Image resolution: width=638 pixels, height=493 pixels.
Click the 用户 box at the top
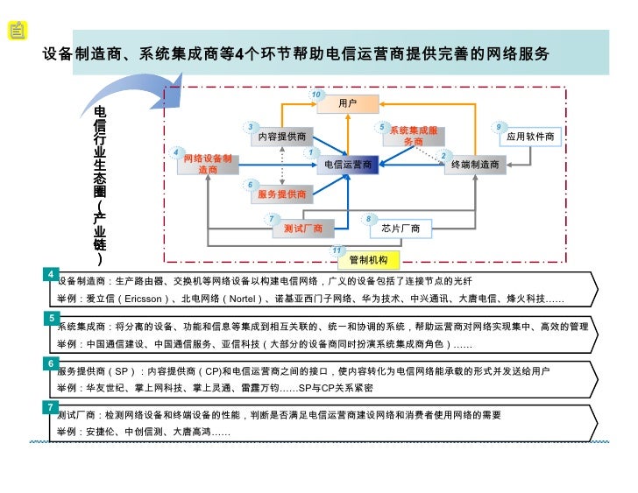[x=348, y=104]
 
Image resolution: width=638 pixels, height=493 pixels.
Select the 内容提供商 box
[x=281, y=137]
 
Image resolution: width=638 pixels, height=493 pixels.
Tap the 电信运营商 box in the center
[x=348, y=164]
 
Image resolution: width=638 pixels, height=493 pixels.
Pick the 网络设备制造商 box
[x=208, y=164]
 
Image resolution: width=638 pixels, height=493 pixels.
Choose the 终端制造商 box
[x=475, y=164]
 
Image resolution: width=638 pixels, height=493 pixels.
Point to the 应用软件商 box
[x=531, y=137]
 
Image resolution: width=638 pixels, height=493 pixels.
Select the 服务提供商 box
[x=281, y=194]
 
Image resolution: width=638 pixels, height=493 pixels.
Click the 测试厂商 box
[x=303, y=229]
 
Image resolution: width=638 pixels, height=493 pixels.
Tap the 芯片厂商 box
[x=401, y=229]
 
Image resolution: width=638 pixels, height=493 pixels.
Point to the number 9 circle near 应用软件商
[x=499, y=126]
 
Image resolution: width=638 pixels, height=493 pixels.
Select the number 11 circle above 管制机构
[x=337, y=250]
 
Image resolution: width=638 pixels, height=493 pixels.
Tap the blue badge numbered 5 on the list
[x=53, y=318]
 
